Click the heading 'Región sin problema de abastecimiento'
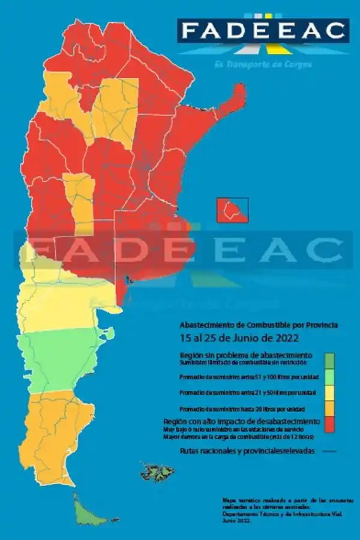pyautogui.click(x=245, y=355)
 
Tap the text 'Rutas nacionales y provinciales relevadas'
pyautogui.click(x=246, y=451)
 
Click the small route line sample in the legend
pyautogui.click(x=329, y=451)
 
